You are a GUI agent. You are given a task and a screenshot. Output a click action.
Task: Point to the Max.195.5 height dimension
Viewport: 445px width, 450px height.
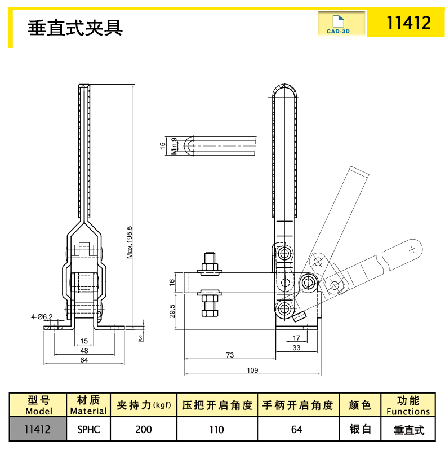130,242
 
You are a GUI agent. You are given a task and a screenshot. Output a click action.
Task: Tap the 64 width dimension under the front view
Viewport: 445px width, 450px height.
84,360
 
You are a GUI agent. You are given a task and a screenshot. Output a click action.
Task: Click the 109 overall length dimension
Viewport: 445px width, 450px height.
252,370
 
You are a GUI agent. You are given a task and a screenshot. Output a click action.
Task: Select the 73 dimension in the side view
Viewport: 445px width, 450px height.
230,355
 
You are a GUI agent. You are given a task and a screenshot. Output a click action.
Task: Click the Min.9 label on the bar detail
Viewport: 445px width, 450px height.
175,145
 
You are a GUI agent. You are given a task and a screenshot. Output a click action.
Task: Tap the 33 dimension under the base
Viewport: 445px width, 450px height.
297,348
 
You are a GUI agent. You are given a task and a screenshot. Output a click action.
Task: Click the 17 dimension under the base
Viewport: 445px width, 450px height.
297,338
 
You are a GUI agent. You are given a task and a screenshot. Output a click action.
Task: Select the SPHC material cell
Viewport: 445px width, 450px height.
88,429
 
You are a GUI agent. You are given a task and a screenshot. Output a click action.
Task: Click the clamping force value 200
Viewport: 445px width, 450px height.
144,429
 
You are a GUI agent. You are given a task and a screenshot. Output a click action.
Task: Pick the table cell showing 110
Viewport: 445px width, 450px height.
217,429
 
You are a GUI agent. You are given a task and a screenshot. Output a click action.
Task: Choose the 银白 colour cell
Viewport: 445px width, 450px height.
359,429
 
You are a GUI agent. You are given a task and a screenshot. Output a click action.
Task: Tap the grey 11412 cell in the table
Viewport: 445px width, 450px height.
38,429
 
